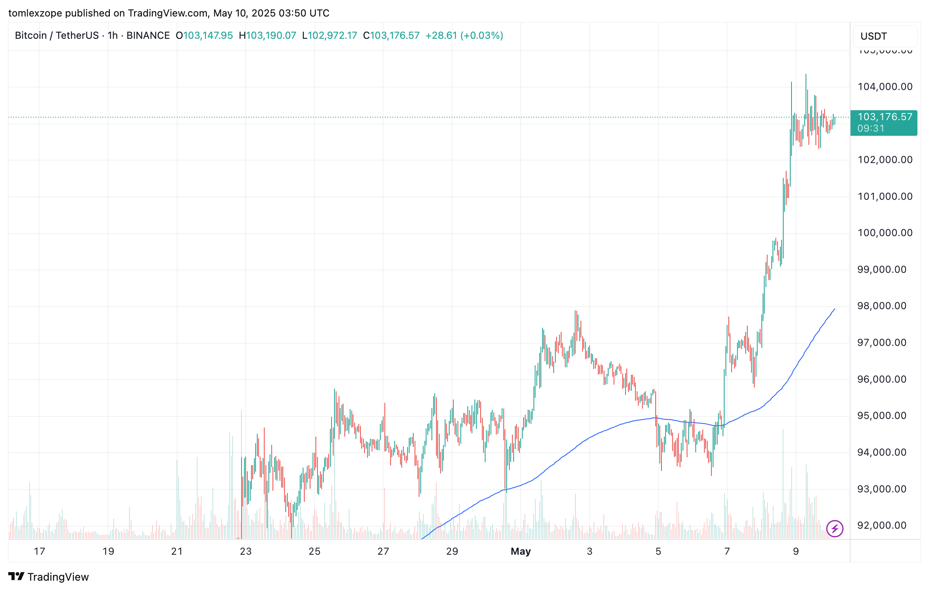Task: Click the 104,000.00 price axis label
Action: [x=885, y=87]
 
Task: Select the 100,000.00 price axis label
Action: [x=885, y=233]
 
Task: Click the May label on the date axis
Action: [x=520, y=551]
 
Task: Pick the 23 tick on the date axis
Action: [x=246, y=551]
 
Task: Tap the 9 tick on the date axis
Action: [x=796, y=551]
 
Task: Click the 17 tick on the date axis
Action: [x=39, y=551]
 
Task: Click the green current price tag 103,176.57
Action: [x=885, y=117]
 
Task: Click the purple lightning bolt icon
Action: [x=834, y=528]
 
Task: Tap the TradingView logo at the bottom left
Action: [x=49, y=577]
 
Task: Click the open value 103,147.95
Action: [x=208, y=35]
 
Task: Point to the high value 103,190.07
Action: [x=271, y=35]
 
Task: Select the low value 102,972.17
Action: [x=332, y=35]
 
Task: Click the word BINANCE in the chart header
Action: [x=148, y=35]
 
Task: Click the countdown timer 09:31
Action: [x=871, y=129]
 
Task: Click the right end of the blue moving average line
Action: [x=834, y=309]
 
